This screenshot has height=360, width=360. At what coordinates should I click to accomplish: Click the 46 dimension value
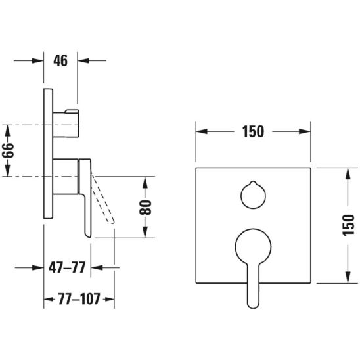[60, 61]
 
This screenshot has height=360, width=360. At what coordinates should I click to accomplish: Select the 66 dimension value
[9, 150]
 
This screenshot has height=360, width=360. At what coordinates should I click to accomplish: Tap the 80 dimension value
[145, 208]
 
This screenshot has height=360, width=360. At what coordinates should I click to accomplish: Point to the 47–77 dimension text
[67, 267]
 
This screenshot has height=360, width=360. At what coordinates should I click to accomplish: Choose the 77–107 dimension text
[79, 299]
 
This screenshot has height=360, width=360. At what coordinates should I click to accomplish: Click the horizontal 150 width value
[253, 131]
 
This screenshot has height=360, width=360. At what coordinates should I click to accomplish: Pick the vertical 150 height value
[348, 225]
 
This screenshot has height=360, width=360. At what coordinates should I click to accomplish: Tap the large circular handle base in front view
[253, 246]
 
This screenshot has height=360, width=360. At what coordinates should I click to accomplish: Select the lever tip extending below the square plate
[253, 296]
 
